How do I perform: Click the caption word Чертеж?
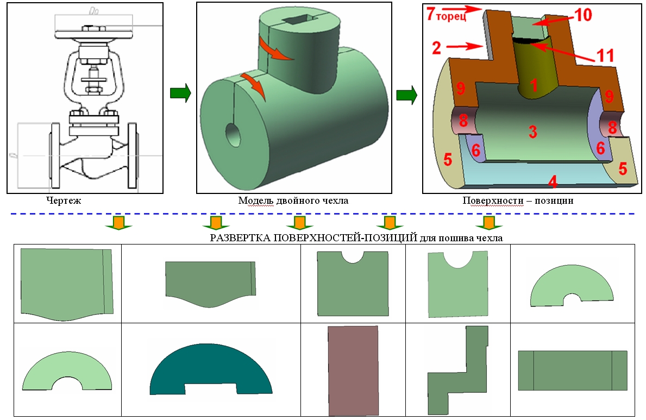click(x=64, y=200)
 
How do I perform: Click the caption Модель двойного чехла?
click(x=293, y=200)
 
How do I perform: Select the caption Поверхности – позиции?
click(x=518, y=200)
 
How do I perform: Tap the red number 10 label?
click(x=583, y=15)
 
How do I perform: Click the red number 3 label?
click(x=532, y=132)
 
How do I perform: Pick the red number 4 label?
click(x=553, y=181)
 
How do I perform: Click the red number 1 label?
click(x=534, y=85)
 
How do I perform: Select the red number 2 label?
click(x=437, y=48)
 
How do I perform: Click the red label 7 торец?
click(x=446, y=15)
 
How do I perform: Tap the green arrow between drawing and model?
click(x=180, y=93)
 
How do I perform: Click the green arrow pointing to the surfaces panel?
click(x=406, y=95)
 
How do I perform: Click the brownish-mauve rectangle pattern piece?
click(x=353, y=371)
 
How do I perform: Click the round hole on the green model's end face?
click(x=234, y=135)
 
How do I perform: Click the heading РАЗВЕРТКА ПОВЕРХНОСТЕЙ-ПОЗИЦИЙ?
click(x=313, y=238)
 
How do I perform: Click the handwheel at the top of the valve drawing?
click(x=94, y=34)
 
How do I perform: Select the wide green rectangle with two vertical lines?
click(x=573, y=371)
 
